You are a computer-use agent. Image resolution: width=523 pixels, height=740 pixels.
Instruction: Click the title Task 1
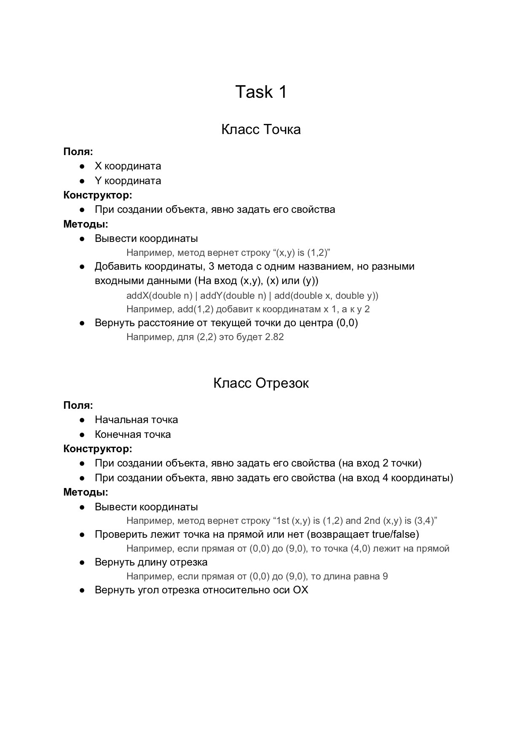coord(261,92)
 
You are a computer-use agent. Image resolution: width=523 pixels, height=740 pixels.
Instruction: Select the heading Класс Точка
coord(261,129)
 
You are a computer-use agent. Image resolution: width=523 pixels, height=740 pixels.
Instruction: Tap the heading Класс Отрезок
coord(261,383)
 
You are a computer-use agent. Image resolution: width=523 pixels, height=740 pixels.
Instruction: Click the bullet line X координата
coord(128,166)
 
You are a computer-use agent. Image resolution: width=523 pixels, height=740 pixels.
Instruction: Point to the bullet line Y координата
coord(128,181)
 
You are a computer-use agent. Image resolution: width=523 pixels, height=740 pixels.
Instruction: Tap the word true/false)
coord(395,534)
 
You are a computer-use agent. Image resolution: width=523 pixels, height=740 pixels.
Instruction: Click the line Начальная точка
coord(136,420)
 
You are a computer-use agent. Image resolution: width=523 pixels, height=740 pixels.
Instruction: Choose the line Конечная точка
coord(133,434)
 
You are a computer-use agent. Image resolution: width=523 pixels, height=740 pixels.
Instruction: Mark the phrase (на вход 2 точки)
coord(380,463)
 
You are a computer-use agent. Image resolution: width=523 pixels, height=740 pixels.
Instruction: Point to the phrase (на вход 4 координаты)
coord(396,478)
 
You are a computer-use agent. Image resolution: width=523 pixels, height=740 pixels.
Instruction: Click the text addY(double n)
coord(233,295)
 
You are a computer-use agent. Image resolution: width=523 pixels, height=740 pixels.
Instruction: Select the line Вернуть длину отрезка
coord(151,562)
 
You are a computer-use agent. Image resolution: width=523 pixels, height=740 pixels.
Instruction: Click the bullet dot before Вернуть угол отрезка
coord(83,590)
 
